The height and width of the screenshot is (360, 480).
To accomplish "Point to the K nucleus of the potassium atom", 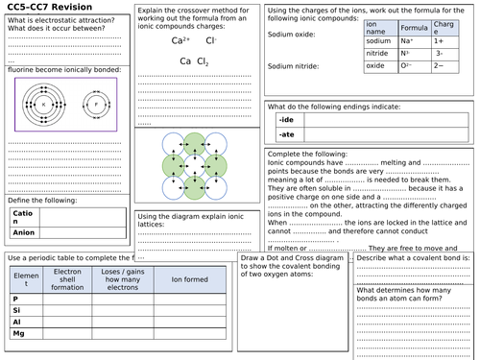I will (x=42, y=104).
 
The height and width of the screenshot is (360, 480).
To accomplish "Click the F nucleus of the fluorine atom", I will (x=94, y=104).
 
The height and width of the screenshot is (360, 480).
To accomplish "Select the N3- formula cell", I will (x=410, y=54).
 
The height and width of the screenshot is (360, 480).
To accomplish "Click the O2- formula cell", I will (x=410, y=65).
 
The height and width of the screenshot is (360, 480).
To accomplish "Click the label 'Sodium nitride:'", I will (x=292, y=66).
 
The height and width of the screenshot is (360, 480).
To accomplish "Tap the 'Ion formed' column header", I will (x=186, y=280).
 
